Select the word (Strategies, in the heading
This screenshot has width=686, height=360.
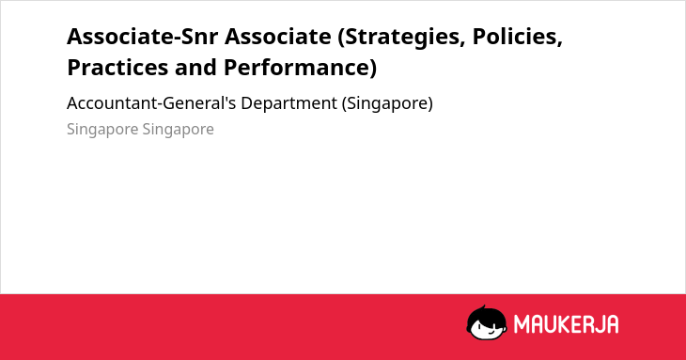coord(400,37)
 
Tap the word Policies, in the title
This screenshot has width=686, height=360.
coord(518,37)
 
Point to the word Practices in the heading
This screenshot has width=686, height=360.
coord(117,68)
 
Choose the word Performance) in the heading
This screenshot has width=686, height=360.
coord(300,69)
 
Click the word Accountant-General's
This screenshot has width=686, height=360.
coord(151,103)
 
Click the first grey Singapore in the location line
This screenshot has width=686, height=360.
coord(102,130)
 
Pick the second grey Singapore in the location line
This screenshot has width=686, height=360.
coord(178,130)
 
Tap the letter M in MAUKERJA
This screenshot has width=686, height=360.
coord(522,324)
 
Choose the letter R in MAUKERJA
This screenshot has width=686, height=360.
coord(586,324)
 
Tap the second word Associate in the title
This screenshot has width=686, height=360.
coord(278,37)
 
